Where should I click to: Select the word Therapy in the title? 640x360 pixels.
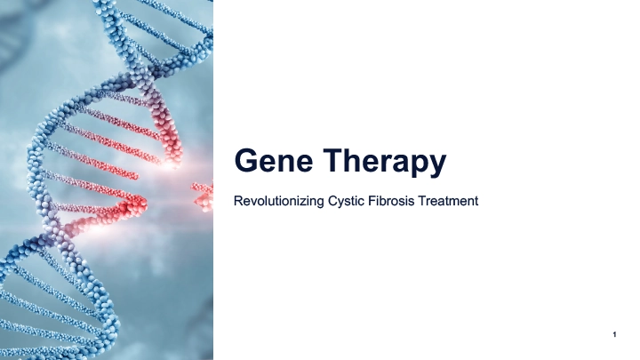click(x=384, y=163)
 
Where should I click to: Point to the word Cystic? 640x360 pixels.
click(x=340, y=201)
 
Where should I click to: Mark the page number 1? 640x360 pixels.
click(x=615, y=334)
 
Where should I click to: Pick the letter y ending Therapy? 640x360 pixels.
click(x=436, y=166)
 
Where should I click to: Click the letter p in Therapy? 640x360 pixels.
click(x=418, y=166)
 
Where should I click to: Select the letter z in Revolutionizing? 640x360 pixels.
click(x=300, y=202)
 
